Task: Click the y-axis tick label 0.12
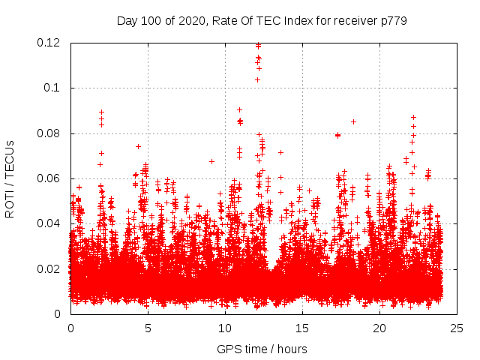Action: pos(49,43)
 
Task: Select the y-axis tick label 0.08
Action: pos(49,133)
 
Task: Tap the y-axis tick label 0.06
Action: pos(49,178)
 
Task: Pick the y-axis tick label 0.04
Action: pos(49,223)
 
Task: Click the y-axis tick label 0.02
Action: pos(49,268)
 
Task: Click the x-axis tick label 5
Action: pos(148,328)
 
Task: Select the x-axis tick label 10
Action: pos(225,328)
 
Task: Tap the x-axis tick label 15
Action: pos(302,328)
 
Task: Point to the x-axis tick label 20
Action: pos(379,328)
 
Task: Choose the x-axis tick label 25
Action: pos(457,328)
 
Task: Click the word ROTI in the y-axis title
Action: pos(10,202)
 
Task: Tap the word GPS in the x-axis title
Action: pos(228,349)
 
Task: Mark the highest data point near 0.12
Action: pos(258,45)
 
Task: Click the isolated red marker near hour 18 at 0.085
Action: pos(353,121)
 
